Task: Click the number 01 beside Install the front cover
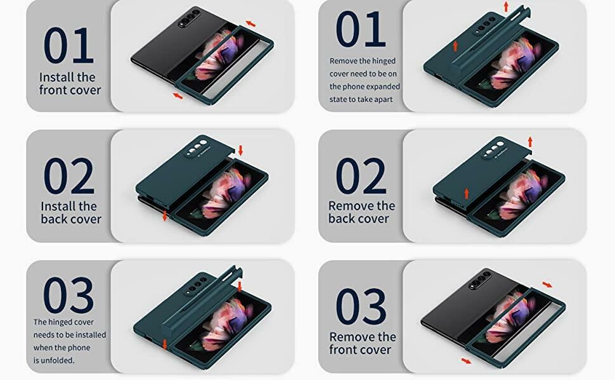[x=68, y=45]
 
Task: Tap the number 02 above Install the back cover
[x=69, y=176]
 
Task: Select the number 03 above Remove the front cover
[x=361, y=306]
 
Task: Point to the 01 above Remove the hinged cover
[x=361, y=29]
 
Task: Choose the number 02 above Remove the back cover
[x=361, y=176]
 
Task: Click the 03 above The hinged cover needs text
[x=68, y=294]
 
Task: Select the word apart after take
[x=383, y=99]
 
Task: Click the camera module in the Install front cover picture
[x=189, y=18]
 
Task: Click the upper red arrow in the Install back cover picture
[x=240, y=150]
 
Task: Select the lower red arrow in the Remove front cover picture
[x=466, y=361]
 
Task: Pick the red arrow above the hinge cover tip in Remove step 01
[x=506, y=7]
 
